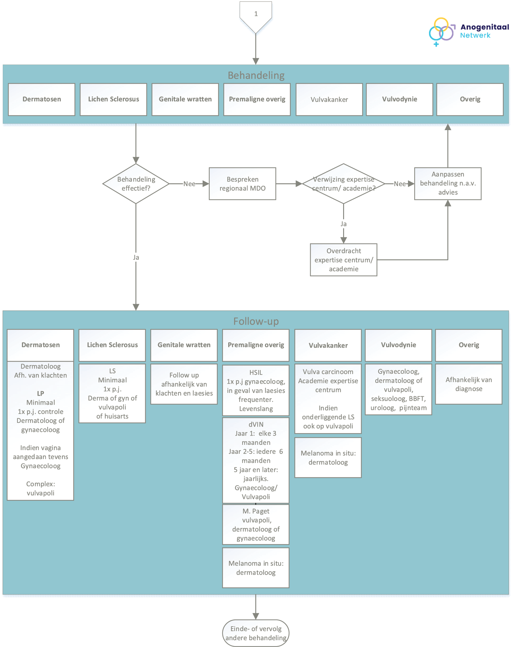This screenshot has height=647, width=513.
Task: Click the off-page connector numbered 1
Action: (256, 15)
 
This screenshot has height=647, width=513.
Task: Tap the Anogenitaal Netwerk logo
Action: (469, 32)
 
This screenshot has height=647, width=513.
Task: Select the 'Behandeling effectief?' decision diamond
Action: (136, 184)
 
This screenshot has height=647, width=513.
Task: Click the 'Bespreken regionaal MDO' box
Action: (242, 184)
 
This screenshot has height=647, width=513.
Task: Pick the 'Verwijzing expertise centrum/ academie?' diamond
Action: (343, 184)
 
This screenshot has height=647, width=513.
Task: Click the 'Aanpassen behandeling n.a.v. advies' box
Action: (448, 184)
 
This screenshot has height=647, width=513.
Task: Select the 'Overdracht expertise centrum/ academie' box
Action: (343, 260)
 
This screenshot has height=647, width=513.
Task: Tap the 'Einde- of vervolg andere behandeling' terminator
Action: (256, 633)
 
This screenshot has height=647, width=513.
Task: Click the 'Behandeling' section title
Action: (256, 75)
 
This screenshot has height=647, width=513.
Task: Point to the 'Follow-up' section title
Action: (256, 321)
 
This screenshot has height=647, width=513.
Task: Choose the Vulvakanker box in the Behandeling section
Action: (329, 100)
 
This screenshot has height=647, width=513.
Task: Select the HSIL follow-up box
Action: (256, 390)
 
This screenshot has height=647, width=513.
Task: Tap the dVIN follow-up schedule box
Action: (256, 461)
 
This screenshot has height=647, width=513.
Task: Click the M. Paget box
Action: (256, 525)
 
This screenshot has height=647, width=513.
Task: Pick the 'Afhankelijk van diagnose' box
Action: (469, 384)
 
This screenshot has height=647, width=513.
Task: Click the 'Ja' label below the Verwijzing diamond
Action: (343, 224)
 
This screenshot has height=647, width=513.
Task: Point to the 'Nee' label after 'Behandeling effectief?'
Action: (189, 184)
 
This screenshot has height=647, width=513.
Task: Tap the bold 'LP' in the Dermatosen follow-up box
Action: (40, 394)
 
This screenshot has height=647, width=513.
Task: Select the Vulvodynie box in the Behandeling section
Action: (400, 100)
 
